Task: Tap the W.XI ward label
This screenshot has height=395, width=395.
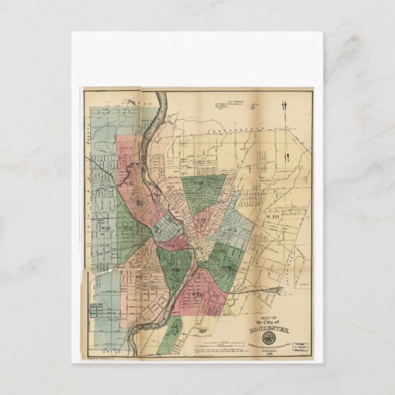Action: [128, 229]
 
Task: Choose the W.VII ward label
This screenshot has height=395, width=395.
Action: [225, 268]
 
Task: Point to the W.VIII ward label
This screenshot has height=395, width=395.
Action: [174, 270]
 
